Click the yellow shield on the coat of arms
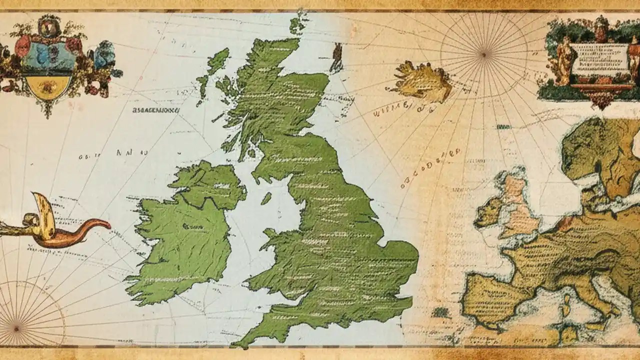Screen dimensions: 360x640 [48, 86]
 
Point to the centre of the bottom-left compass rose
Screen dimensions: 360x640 [16, 328]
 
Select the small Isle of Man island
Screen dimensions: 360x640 [266, 198]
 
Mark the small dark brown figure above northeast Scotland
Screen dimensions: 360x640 [337, 56]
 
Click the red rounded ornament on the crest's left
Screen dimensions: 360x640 [22, 46]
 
